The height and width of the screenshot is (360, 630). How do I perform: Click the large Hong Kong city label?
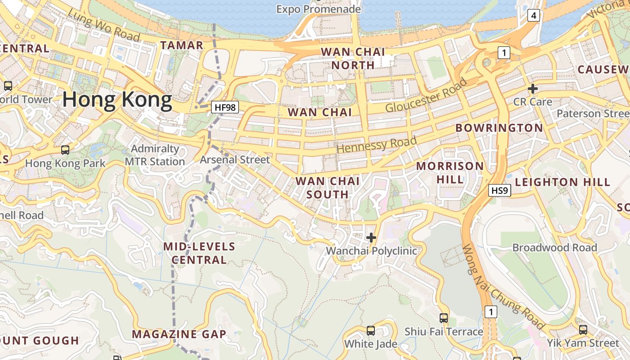[117, 100]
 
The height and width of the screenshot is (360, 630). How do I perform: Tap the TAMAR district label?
[182, 45]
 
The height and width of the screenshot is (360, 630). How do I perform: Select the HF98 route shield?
[225, 107]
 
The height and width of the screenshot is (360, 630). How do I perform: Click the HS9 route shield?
[499, 191]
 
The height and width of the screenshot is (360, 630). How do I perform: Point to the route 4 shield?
[533, 16]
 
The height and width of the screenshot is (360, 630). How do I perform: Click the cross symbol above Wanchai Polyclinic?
[371, 237]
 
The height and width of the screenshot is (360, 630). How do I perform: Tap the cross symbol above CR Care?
[533, 88]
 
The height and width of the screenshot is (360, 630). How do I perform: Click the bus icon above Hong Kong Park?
[65, 150]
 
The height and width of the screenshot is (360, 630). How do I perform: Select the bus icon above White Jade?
[371, 331]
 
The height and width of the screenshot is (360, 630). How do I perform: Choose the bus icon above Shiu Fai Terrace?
[444, 318]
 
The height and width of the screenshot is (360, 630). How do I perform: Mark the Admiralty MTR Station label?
[155, 155]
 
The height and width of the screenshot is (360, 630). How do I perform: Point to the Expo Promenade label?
[319, 9]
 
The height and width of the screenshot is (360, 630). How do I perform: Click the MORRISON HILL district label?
[450, 172]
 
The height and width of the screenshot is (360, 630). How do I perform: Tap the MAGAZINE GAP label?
[179, 334]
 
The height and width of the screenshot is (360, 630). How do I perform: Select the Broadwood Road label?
[554, 247]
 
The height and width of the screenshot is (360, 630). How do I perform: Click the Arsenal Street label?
[234, 160]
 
